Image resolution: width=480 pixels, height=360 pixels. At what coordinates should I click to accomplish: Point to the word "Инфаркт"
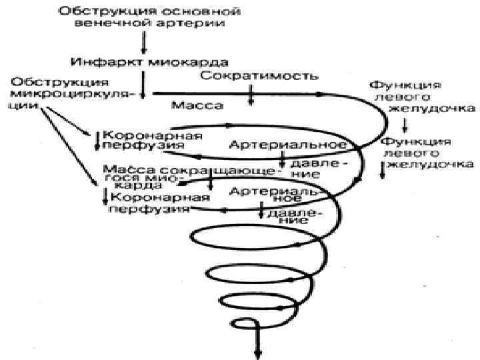[x=98, y=62]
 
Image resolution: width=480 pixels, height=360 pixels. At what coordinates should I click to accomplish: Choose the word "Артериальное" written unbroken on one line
[x=288, y=144]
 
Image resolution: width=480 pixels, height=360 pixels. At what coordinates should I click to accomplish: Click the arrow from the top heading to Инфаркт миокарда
[x=143, y=42]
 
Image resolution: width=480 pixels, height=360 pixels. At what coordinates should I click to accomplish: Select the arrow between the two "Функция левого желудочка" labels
[x=405, y=125]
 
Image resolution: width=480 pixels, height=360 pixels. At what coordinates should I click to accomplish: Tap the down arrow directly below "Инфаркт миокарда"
[x=143, y=83]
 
